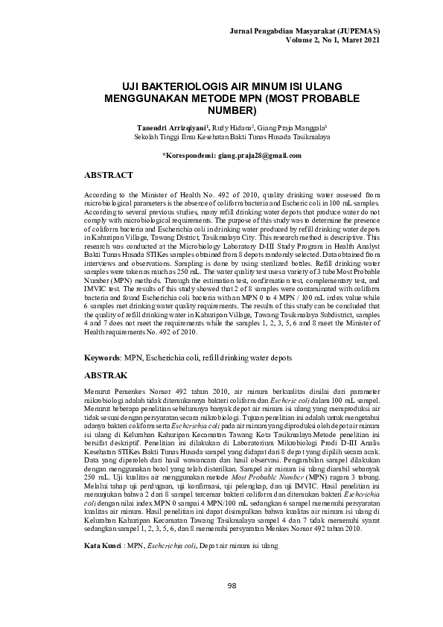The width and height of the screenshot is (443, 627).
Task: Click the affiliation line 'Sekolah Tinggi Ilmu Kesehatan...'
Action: pyautogui.click(x=221, y=137)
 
